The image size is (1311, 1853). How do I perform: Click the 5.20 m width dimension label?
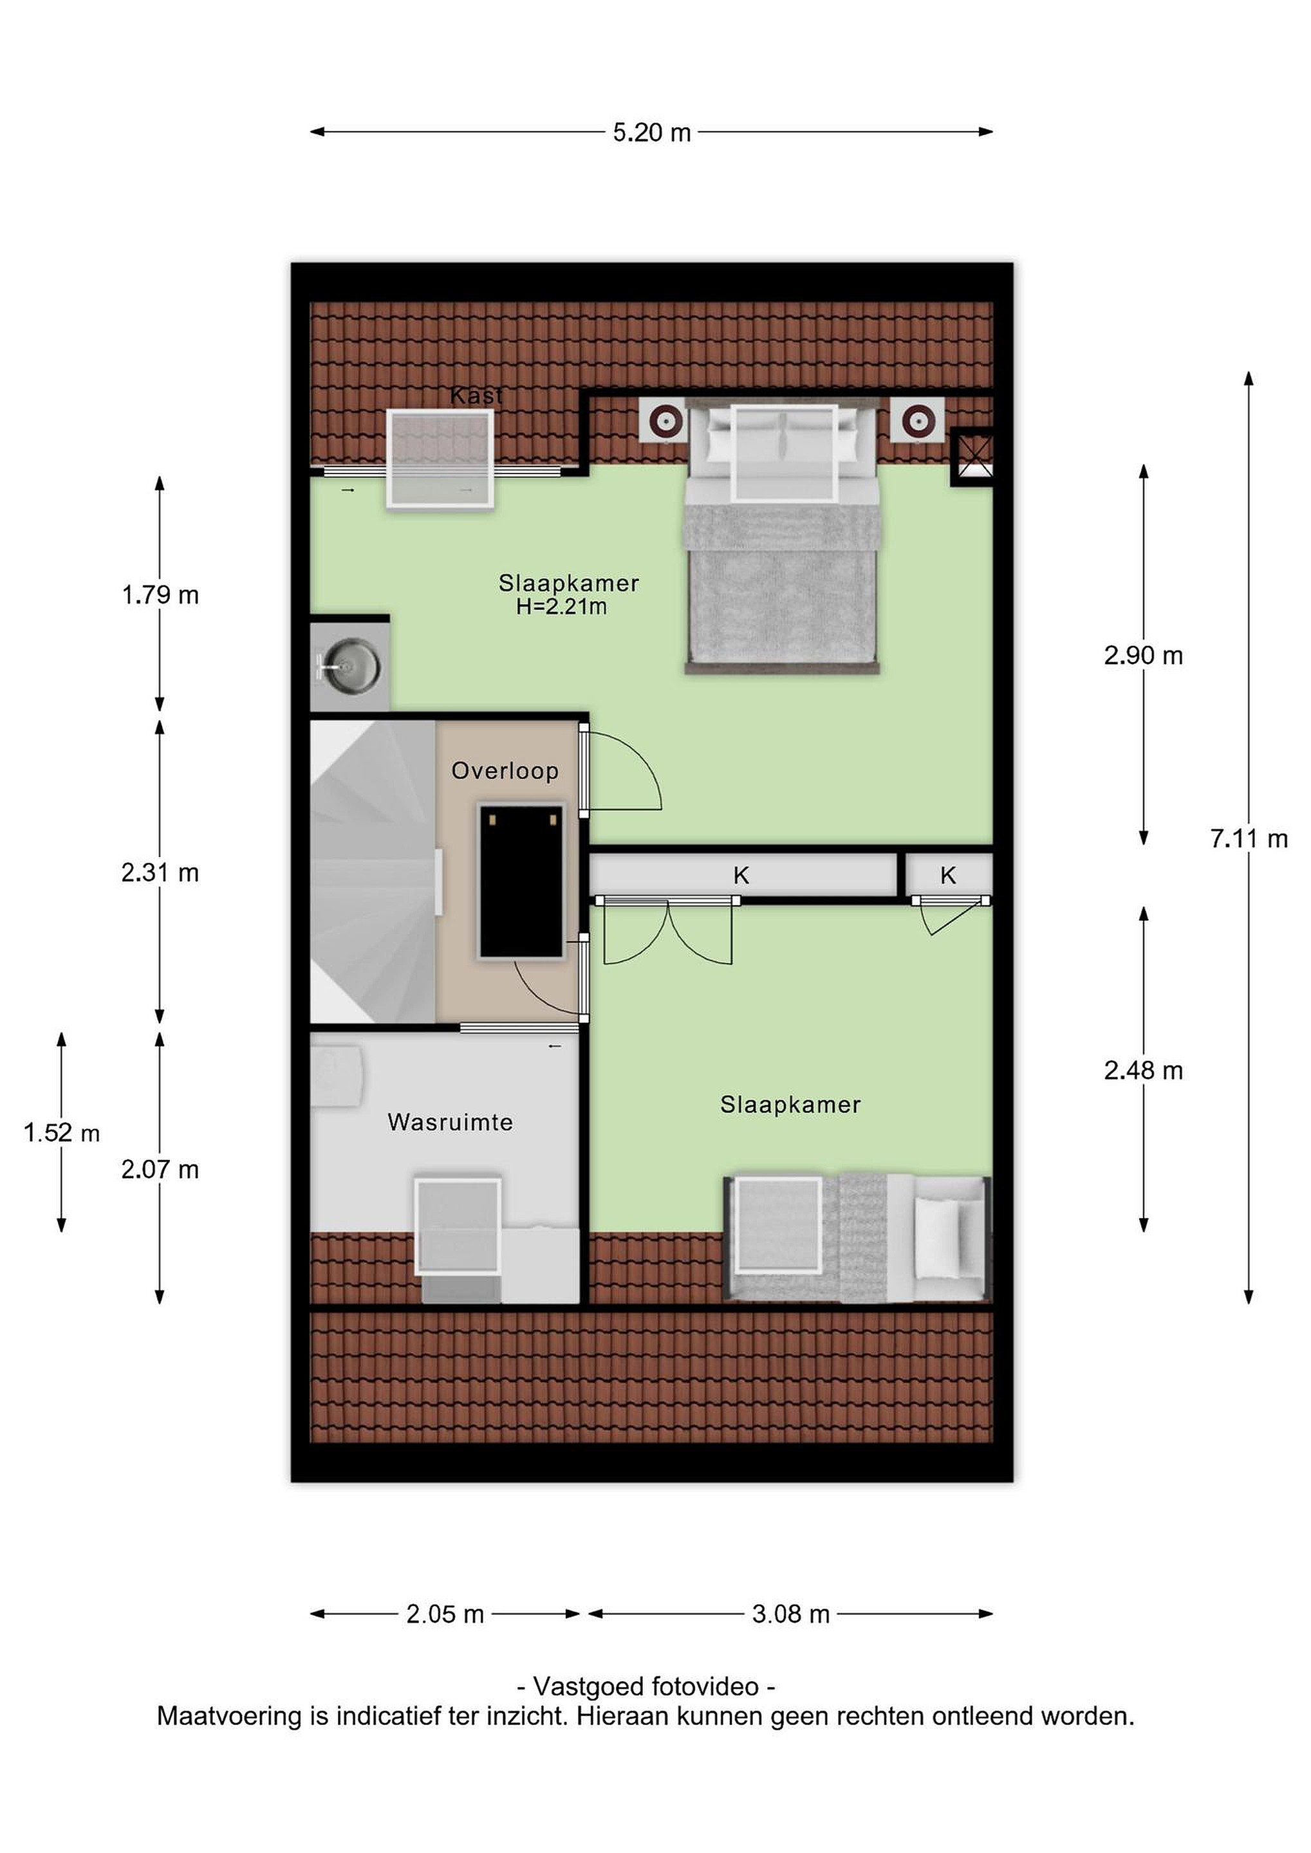pyautogui.click(x=651, y=133)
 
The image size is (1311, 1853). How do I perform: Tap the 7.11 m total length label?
pyautogui.click(x=1248, y=840)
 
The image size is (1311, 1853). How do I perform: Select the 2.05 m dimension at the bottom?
pyautogui.click(x=445, y=1614)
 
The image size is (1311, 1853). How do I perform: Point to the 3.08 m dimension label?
pyautogui.click(x=790, y=1614)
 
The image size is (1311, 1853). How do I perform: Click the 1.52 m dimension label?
pyautogui.click(x=61, y=1133)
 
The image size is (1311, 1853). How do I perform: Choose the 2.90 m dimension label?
pyautogui.click(x=1143, y=656)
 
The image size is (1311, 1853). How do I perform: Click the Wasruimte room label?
pyautogui.click(x=450, y=1122)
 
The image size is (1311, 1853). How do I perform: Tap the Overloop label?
pyautogui.click(x=505, y=771)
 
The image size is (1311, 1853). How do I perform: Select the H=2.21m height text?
pyautogui.click(x=561, y=607)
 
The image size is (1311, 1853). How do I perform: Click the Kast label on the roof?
pyautogui.click(x=476, y=396)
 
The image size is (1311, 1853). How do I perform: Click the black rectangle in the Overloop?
pyautogui.click(x=521, y=881)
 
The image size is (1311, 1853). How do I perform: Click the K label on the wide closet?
pyautogui.click(x=741, y=875)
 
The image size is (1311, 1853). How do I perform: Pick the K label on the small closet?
pyautogui.click(x=948, y=875)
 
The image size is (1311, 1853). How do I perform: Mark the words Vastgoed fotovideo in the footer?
pyautogui.click(x=646, y=1687)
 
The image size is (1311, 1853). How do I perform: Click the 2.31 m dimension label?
pyautogui.click(x=160, y=873)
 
